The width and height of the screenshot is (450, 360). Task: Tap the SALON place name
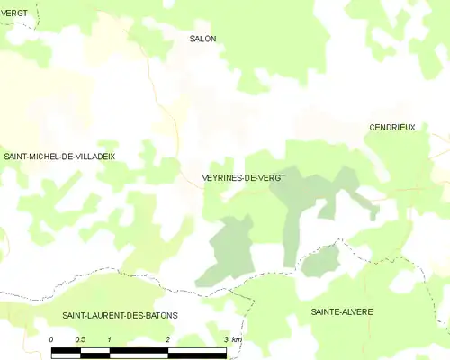pyautogui.click(x=202, y=39)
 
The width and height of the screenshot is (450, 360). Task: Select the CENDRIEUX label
pyautogui.click(x=392, y=128)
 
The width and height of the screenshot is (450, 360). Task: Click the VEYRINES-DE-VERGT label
pyautogui.click(x=244, y=178)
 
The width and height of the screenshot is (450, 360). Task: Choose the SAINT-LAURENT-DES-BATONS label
pyautogui.click(x=120, y=315)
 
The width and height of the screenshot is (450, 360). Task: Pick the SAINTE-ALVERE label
pyautogui.click(x=342, y=311)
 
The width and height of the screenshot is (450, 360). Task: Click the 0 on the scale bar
pyautogui.click(x=51, y=339)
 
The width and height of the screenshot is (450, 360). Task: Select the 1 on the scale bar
pyautogui.click(x=109, y=339)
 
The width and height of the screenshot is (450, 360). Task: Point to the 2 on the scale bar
pyautogui.click(x=167, y=339)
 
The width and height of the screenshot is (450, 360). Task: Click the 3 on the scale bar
pyautogui.click(x=225, y=339)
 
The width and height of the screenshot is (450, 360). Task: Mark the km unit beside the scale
pyautogui.click(x=237, y=339)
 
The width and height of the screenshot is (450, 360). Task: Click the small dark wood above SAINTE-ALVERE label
pyautogui.click(x=319, y=262)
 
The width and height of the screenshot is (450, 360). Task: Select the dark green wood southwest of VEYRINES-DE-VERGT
pyautogui.click(x=229, y=245)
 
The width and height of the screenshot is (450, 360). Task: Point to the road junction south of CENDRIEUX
pyautogui.click(x=416, y=190)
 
